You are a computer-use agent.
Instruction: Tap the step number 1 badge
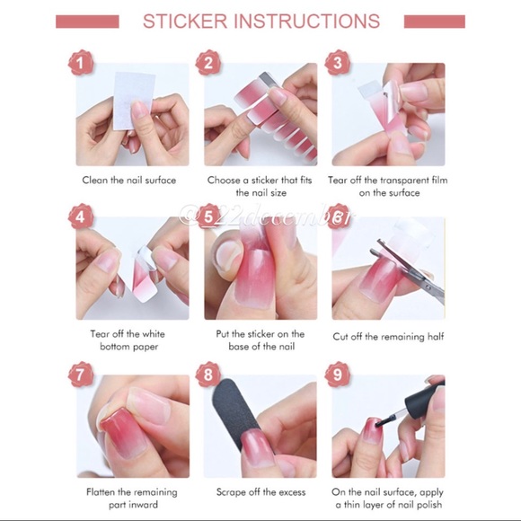[82, 63]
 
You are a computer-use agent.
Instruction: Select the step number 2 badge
[209, 63]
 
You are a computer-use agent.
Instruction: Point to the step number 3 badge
[337, 63]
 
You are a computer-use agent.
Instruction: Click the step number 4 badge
[82, 217]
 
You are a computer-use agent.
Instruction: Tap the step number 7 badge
[82, 374]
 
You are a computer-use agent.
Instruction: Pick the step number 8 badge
[209, 374]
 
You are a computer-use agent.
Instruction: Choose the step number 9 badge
[337, 374]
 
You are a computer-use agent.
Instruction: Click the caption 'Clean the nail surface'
[129, 180]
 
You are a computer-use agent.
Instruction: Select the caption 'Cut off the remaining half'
[388, 337]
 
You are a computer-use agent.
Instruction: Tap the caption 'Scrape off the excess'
[260, 491]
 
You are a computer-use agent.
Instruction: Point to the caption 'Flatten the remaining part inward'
[131, 499]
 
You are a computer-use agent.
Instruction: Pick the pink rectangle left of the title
[87, 21]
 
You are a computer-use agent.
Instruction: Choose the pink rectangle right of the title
[434, 21]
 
